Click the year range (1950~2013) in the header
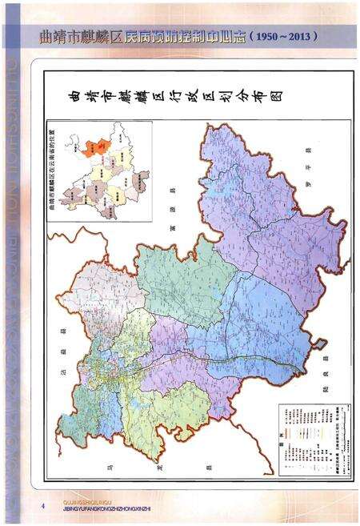[284, 36]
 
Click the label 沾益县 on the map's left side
[61, 359]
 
